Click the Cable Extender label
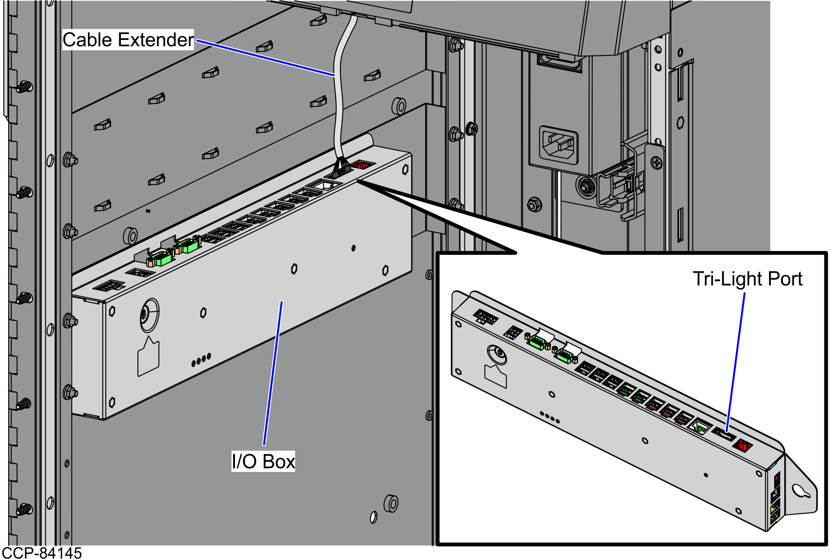pyautogui.click(x=128, y=40)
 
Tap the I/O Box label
pyautogui.click(x=263, y=461)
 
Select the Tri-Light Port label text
pyautogui.click(x=747, y=279)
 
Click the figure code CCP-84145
pyautogui.click(x=42, y=553)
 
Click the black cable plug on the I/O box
pyautogui.click(x=340, y=168)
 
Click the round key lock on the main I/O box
pyautogui.click(x=149, y=315)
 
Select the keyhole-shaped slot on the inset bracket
pyautogui.click(x=801, y=491)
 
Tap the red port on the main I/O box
pyautogui.click(x=362, y=164)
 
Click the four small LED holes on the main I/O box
pyautogui.click(x=201, y=359)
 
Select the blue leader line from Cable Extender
pyautogui.click(x=266, y=57)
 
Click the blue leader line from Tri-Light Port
pyautogui.click(x=736, y=362)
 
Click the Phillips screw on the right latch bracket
pyautogui.click(x=657, y=162)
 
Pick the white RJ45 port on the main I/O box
pyautogui.click(x=324, y=185)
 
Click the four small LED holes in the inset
pyautogui.click(x=550, y=417)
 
